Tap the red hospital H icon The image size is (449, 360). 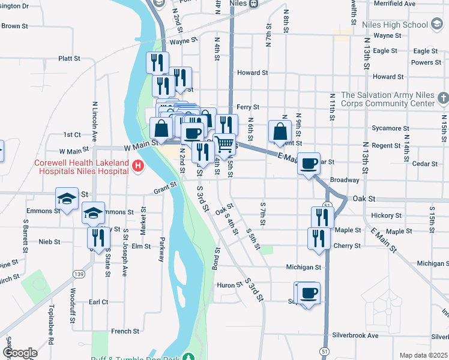139,166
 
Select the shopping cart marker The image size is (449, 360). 224,144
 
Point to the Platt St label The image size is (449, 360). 69,58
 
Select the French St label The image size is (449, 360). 125,331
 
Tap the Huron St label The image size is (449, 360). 229,285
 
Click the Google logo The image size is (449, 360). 20,353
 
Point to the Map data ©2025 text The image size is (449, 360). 423,355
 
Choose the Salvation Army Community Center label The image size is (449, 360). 388,99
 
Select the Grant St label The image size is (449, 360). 166,188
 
